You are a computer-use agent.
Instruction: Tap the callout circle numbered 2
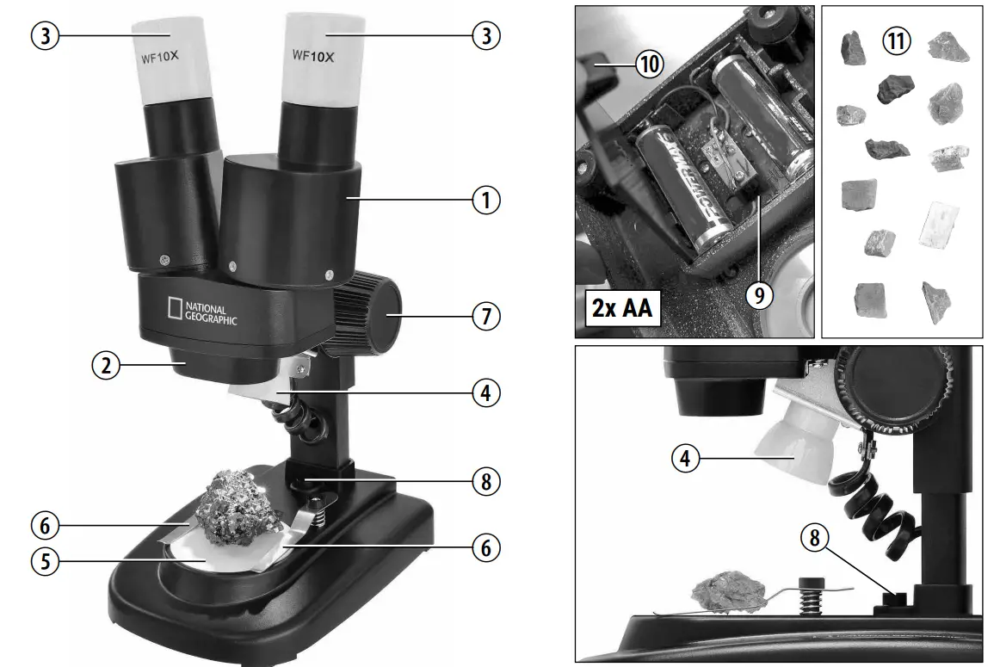click(106, 365)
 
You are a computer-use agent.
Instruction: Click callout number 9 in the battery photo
click(758, 293)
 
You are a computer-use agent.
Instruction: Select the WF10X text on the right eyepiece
click(312, 55)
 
